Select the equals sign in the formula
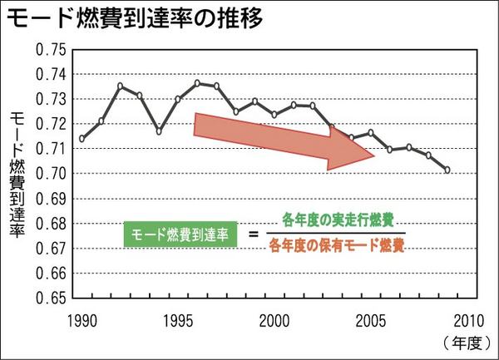click(254, 234)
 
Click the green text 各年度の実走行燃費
click(338, 221)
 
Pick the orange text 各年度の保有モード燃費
click(338, 246)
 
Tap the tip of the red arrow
click(375, 155)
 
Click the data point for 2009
click(447, 170)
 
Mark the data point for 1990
click(82, 139)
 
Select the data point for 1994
click(159, 131)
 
